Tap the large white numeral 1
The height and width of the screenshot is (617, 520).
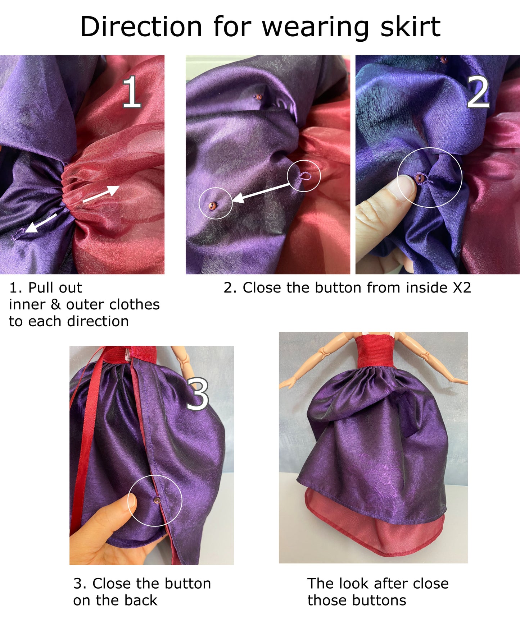(x=131, y=92)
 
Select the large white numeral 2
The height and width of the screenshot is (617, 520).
(x=478, y=93)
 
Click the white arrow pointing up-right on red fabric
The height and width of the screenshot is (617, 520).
(x=101, y=193)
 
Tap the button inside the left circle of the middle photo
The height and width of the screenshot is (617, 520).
(x=212, y=206)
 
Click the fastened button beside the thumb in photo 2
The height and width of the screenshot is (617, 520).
(x=420, y=178)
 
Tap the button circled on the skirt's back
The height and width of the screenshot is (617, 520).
(x=157, y=500)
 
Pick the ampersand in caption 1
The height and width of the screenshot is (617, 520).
(x=55, y=305)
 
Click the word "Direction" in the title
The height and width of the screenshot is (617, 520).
(x=141, y=27)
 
